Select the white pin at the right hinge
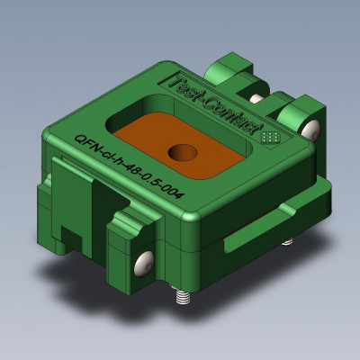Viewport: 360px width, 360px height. point(310,130)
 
